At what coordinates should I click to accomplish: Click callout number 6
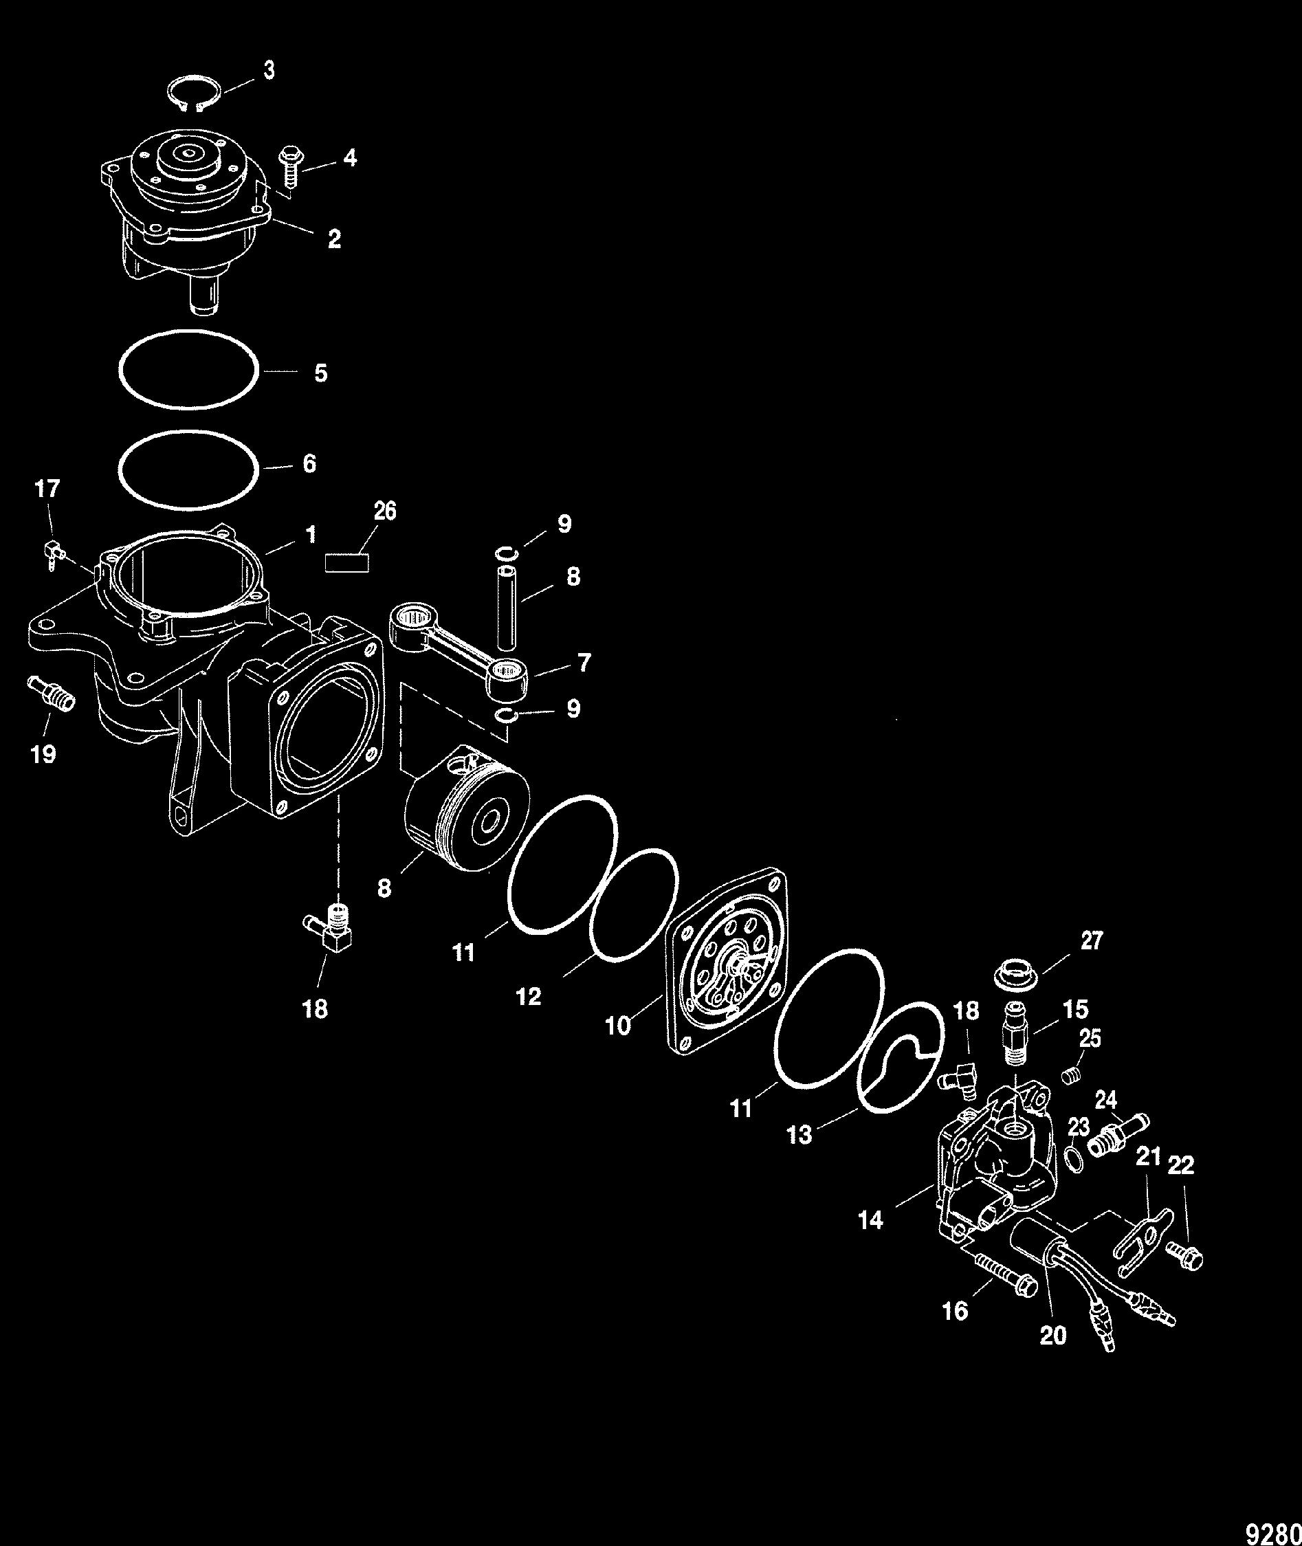tap(310, 463)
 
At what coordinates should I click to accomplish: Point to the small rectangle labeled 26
tap(347, 563)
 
